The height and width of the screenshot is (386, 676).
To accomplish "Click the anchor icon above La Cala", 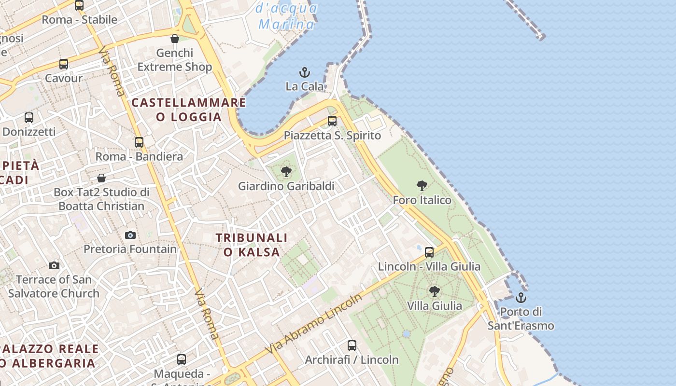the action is [x=304, y=72].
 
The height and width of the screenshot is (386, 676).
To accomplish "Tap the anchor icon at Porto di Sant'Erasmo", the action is [x=521, y=297].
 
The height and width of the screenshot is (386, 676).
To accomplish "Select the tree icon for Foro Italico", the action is [x=422, y=186].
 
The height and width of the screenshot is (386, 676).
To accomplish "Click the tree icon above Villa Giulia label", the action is [x=435, y=291].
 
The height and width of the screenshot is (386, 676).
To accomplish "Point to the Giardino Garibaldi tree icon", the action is [x=286, y=171].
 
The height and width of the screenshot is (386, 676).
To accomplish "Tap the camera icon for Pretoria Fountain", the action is [x=130, y=235].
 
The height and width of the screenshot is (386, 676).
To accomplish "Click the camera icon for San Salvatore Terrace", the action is [x=54, y=265].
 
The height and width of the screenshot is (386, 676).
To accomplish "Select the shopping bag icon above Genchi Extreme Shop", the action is [x=175, y=39].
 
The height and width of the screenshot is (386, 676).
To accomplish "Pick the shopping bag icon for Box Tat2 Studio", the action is [x=101, y=178].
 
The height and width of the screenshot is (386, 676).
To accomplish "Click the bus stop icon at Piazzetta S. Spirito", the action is [x=332, y=121].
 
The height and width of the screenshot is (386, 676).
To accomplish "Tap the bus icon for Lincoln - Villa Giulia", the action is [x=429, y=252].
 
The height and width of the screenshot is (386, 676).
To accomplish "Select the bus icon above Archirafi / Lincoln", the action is [x=352, y=345].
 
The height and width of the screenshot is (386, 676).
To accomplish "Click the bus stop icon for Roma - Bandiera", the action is [x=139, y=142].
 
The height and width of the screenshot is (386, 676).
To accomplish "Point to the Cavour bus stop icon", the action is [x=64, y=64].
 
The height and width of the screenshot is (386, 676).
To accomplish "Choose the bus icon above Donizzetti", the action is [x=29, y=117].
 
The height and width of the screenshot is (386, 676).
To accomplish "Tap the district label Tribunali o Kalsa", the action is [x=252, y=245].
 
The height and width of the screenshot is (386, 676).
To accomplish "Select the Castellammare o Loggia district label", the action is [x=189, y=110].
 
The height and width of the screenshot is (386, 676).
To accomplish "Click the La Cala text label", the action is [x=305, y=86].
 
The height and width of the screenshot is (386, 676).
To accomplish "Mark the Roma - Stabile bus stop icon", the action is [x=79, y=5].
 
